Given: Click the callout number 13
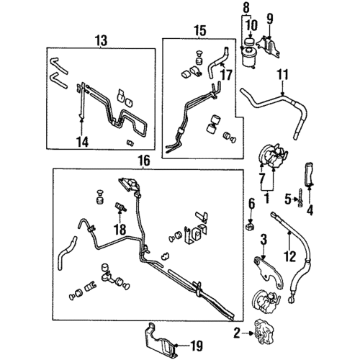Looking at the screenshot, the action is [x=101, y=41].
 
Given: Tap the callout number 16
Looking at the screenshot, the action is [x=144, y=161].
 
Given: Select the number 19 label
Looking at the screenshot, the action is [x=197, y=346].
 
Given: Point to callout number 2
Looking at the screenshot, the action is [x=237, y=333].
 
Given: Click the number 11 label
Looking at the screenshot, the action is [x=282, y=75].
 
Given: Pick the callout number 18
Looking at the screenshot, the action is [x=120, y=230].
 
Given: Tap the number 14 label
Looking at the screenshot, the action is [x=82, y=142].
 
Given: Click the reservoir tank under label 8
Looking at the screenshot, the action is [x=249, y=57].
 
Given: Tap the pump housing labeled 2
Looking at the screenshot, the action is [x=264, y=332].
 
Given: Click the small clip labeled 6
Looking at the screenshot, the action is [x=251, y=226].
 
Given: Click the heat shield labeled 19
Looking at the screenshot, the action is [x=161, y=341].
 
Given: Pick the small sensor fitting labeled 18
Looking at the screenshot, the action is [x=121, y=207].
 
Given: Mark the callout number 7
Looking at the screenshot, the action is [x=261, y=179].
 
